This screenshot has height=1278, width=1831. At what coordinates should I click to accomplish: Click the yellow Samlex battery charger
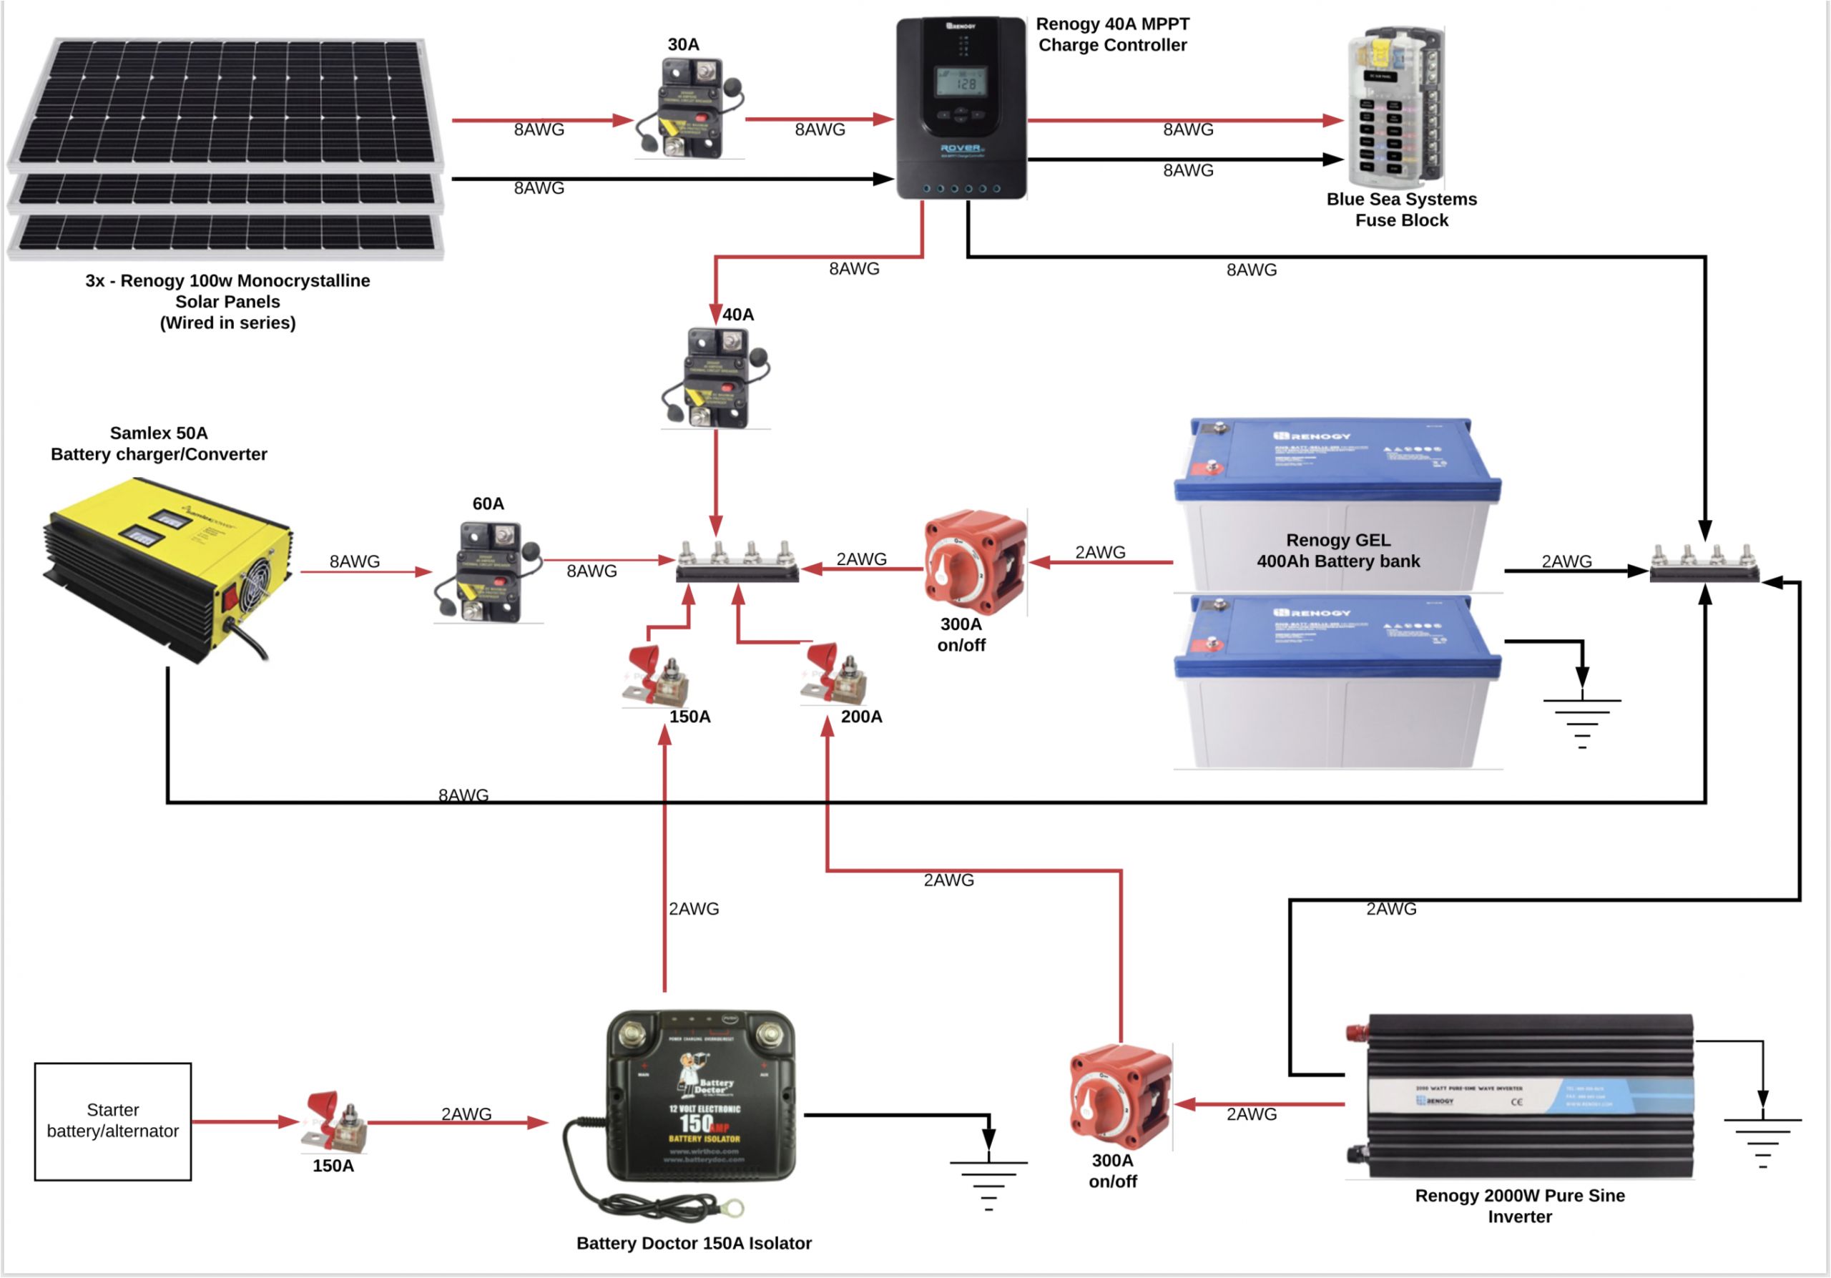[x=167, y=570]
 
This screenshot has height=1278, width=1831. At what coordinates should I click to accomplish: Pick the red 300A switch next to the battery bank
[x=975, y=562]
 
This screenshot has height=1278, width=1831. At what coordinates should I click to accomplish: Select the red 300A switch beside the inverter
[x=1121, y=1097]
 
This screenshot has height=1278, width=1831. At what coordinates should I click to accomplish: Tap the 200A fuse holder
[x=833, y=676]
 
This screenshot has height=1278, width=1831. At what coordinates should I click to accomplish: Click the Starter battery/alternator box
[x=112, y=1120]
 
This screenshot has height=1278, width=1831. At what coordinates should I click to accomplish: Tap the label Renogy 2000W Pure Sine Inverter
[x=1519, y=1206]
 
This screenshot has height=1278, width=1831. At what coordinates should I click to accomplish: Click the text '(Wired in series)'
[x=227, y=323]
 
